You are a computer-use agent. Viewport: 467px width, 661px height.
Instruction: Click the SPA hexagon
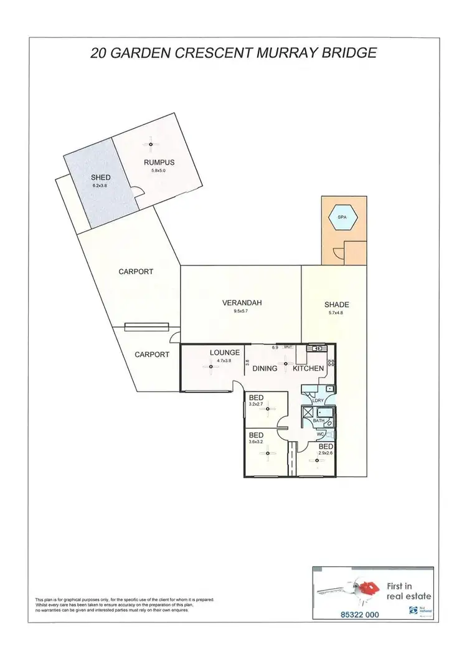coord(342,217)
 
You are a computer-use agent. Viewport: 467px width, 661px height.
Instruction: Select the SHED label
coord(100,178)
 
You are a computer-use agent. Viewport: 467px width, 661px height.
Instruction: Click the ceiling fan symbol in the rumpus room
coord(151,145)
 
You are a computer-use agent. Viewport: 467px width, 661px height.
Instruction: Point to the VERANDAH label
coord(242,303)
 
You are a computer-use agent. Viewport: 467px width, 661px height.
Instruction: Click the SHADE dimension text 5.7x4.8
coord(336,313)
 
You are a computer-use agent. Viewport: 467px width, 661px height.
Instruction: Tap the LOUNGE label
coord(225,353)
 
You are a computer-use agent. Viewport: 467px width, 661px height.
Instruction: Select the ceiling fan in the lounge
coord(211,367)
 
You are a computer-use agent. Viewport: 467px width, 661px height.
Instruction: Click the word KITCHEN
coord(308,368)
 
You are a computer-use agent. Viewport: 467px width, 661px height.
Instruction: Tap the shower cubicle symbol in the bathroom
coord(306,414)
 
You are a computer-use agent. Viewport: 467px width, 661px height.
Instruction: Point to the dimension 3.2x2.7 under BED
coord(256,404)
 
